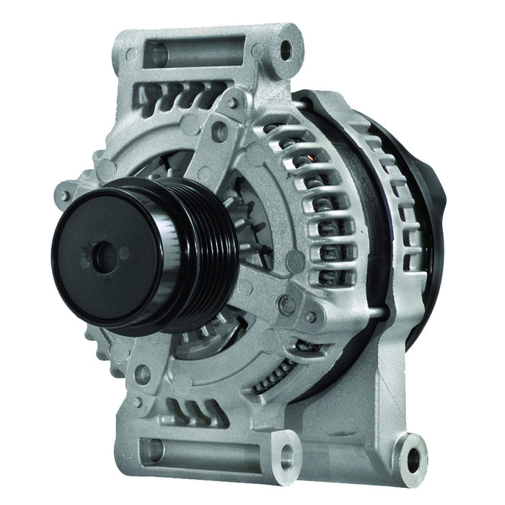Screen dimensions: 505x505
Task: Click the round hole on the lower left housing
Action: point(144,373)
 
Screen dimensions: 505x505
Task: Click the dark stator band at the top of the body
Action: point(339,108)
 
